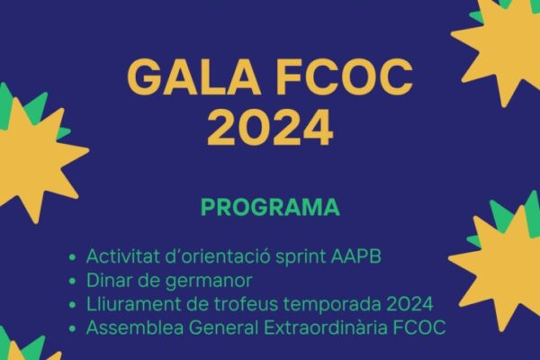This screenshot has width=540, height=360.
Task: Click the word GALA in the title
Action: (x=193, y=76)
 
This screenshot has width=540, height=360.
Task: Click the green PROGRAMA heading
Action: (x=270, y=207)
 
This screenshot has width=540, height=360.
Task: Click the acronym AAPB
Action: (x=356, y=256)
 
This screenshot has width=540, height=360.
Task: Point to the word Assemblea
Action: (x=135, y=328)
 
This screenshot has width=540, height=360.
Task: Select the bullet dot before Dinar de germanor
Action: (x=72, y=281)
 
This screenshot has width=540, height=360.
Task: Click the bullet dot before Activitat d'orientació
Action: (x=72, y=257)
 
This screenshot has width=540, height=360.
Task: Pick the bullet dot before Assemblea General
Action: (x=72, y=328)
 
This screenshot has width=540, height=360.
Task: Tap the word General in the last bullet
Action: (x=223, y=328)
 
